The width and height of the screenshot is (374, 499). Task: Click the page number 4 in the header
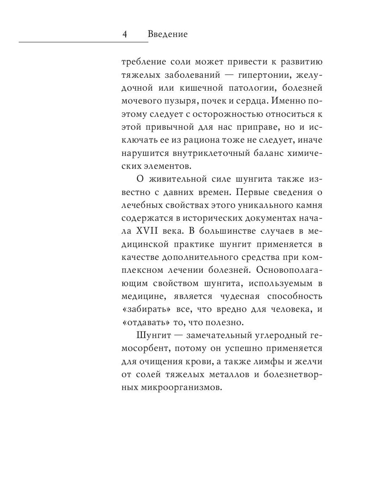125,34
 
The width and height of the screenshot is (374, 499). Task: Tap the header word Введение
167,34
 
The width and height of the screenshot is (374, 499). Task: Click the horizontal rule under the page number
83,42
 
